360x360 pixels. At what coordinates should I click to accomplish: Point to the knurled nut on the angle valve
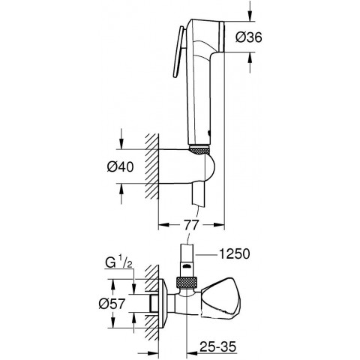coord(184,283)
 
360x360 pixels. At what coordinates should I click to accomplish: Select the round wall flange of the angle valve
coord(163,305)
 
